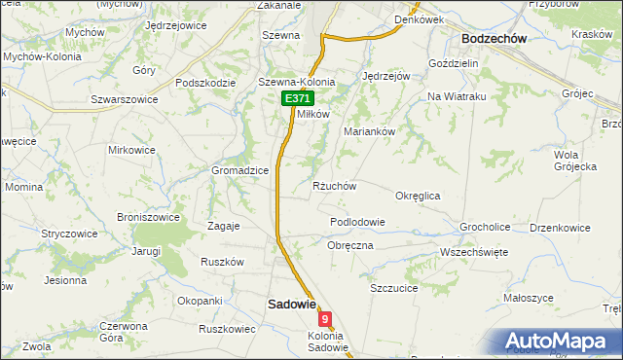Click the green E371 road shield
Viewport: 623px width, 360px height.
click(298, 100)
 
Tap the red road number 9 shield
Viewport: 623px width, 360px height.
click(325, 318)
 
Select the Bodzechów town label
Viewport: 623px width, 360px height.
click(494, 38)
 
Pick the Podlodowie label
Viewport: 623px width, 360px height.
click(357, 222)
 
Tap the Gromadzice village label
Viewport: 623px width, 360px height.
click(240, 170)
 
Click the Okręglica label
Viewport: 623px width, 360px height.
click(418, 196)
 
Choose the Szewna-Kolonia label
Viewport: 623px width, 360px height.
click(296, 83)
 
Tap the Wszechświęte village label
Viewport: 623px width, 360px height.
click(474, 251)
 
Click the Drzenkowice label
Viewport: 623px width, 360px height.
click(560, 228)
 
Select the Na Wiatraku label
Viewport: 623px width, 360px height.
click(457, 96)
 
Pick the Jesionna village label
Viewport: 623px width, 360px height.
click(65, 280)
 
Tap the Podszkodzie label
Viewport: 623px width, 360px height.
click(206, 83)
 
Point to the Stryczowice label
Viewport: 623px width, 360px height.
click(68, 234)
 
